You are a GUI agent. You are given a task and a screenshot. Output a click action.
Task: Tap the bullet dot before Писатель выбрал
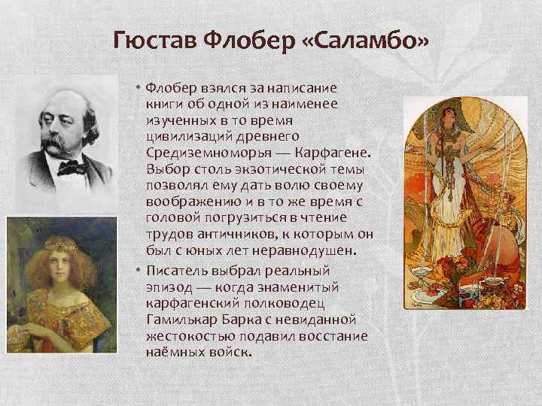[140, 269]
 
